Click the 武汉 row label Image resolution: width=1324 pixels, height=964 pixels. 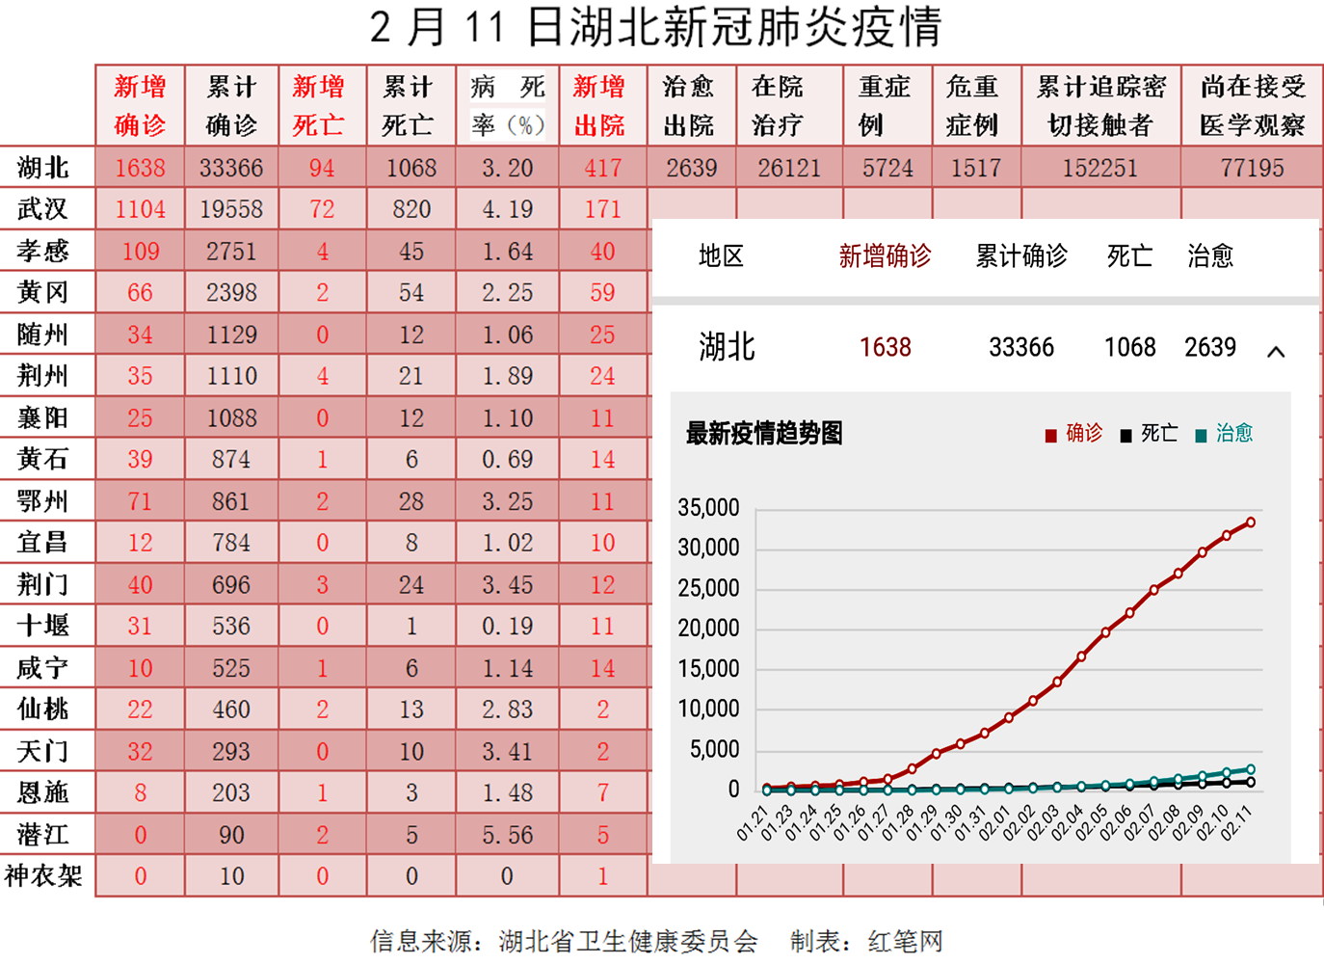point(42,209)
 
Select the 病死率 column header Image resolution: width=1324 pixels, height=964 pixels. point(507,106)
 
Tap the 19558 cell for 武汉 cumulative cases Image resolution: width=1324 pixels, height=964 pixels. point(231,209)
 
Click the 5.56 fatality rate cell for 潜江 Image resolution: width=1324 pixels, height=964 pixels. point(507,835)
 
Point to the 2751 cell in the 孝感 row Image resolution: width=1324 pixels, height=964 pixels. point(231,252)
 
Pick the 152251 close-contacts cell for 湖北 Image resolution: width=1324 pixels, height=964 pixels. point(1099,169)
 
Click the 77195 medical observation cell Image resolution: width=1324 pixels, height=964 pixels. point(1252,169)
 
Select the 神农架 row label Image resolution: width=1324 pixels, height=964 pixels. point(44,876)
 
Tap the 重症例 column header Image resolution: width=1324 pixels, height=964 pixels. point(885,106)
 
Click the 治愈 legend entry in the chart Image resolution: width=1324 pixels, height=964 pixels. point(1225,434)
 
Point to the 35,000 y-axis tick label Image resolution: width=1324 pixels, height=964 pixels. point(708,508)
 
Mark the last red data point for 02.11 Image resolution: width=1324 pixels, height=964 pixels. point(1251,522)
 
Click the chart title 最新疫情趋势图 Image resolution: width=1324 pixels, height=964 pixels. point(764,434)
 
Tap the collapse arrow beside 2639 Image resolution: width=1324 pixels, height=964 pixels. point(1276,352)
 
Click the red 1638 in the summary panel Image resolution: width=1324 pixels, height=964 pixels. point(885,347)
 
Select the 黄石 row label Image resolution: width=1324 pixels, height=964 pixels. point(42,460)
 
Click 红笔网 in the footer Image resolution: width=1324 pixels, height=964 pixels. point(905,941)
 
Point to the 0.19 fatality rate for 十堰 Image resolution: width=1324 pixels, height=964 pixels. point(507,627)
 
